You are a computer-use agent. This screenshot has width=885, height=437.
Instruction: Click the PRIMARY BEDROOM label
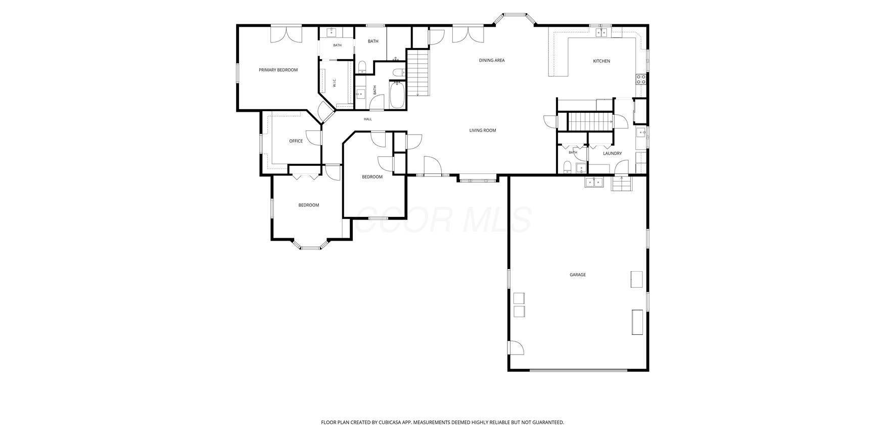[x=278, y=70]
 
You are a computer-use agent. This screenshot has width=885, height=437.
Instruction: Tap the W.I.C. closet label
[x=335, y=83]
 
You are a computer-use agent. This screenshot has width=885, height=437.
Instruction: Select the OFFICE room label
[x=296, y=141]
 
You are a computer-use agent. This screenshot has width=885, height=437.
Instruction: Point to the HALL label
[x=367, y=119]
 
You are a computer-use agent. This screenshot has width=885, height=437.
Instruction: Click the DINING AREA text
[x=492, y=60]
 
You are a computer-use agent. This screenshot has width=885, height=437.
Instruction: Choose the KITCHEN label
[x=601, y=61]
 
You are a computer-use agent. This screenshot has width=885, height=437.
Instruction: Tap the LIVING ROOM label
[x=483, y=130]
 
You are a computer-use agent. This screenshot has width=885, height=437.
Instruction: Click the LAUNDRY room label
[x=612, y=153]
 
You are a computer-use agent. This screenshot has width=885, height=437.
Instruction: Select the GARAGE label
[x=578, y=275]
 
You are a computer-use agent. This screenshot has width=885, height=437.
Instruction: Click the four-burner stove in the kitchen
[x=641, y=79]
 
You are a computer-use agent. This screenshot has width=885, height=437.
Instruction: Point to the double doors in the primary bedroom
[x=286, y=34]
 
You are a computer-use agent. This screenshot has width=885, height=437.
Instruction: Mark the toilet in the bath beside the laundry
[x=567, y=167]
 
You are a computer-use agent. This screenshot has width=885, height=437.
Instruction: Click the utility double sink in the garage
[x=594, y=182]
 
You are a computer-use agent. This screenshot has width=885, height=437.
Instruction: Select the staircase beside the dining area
[x=418, y=73]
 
